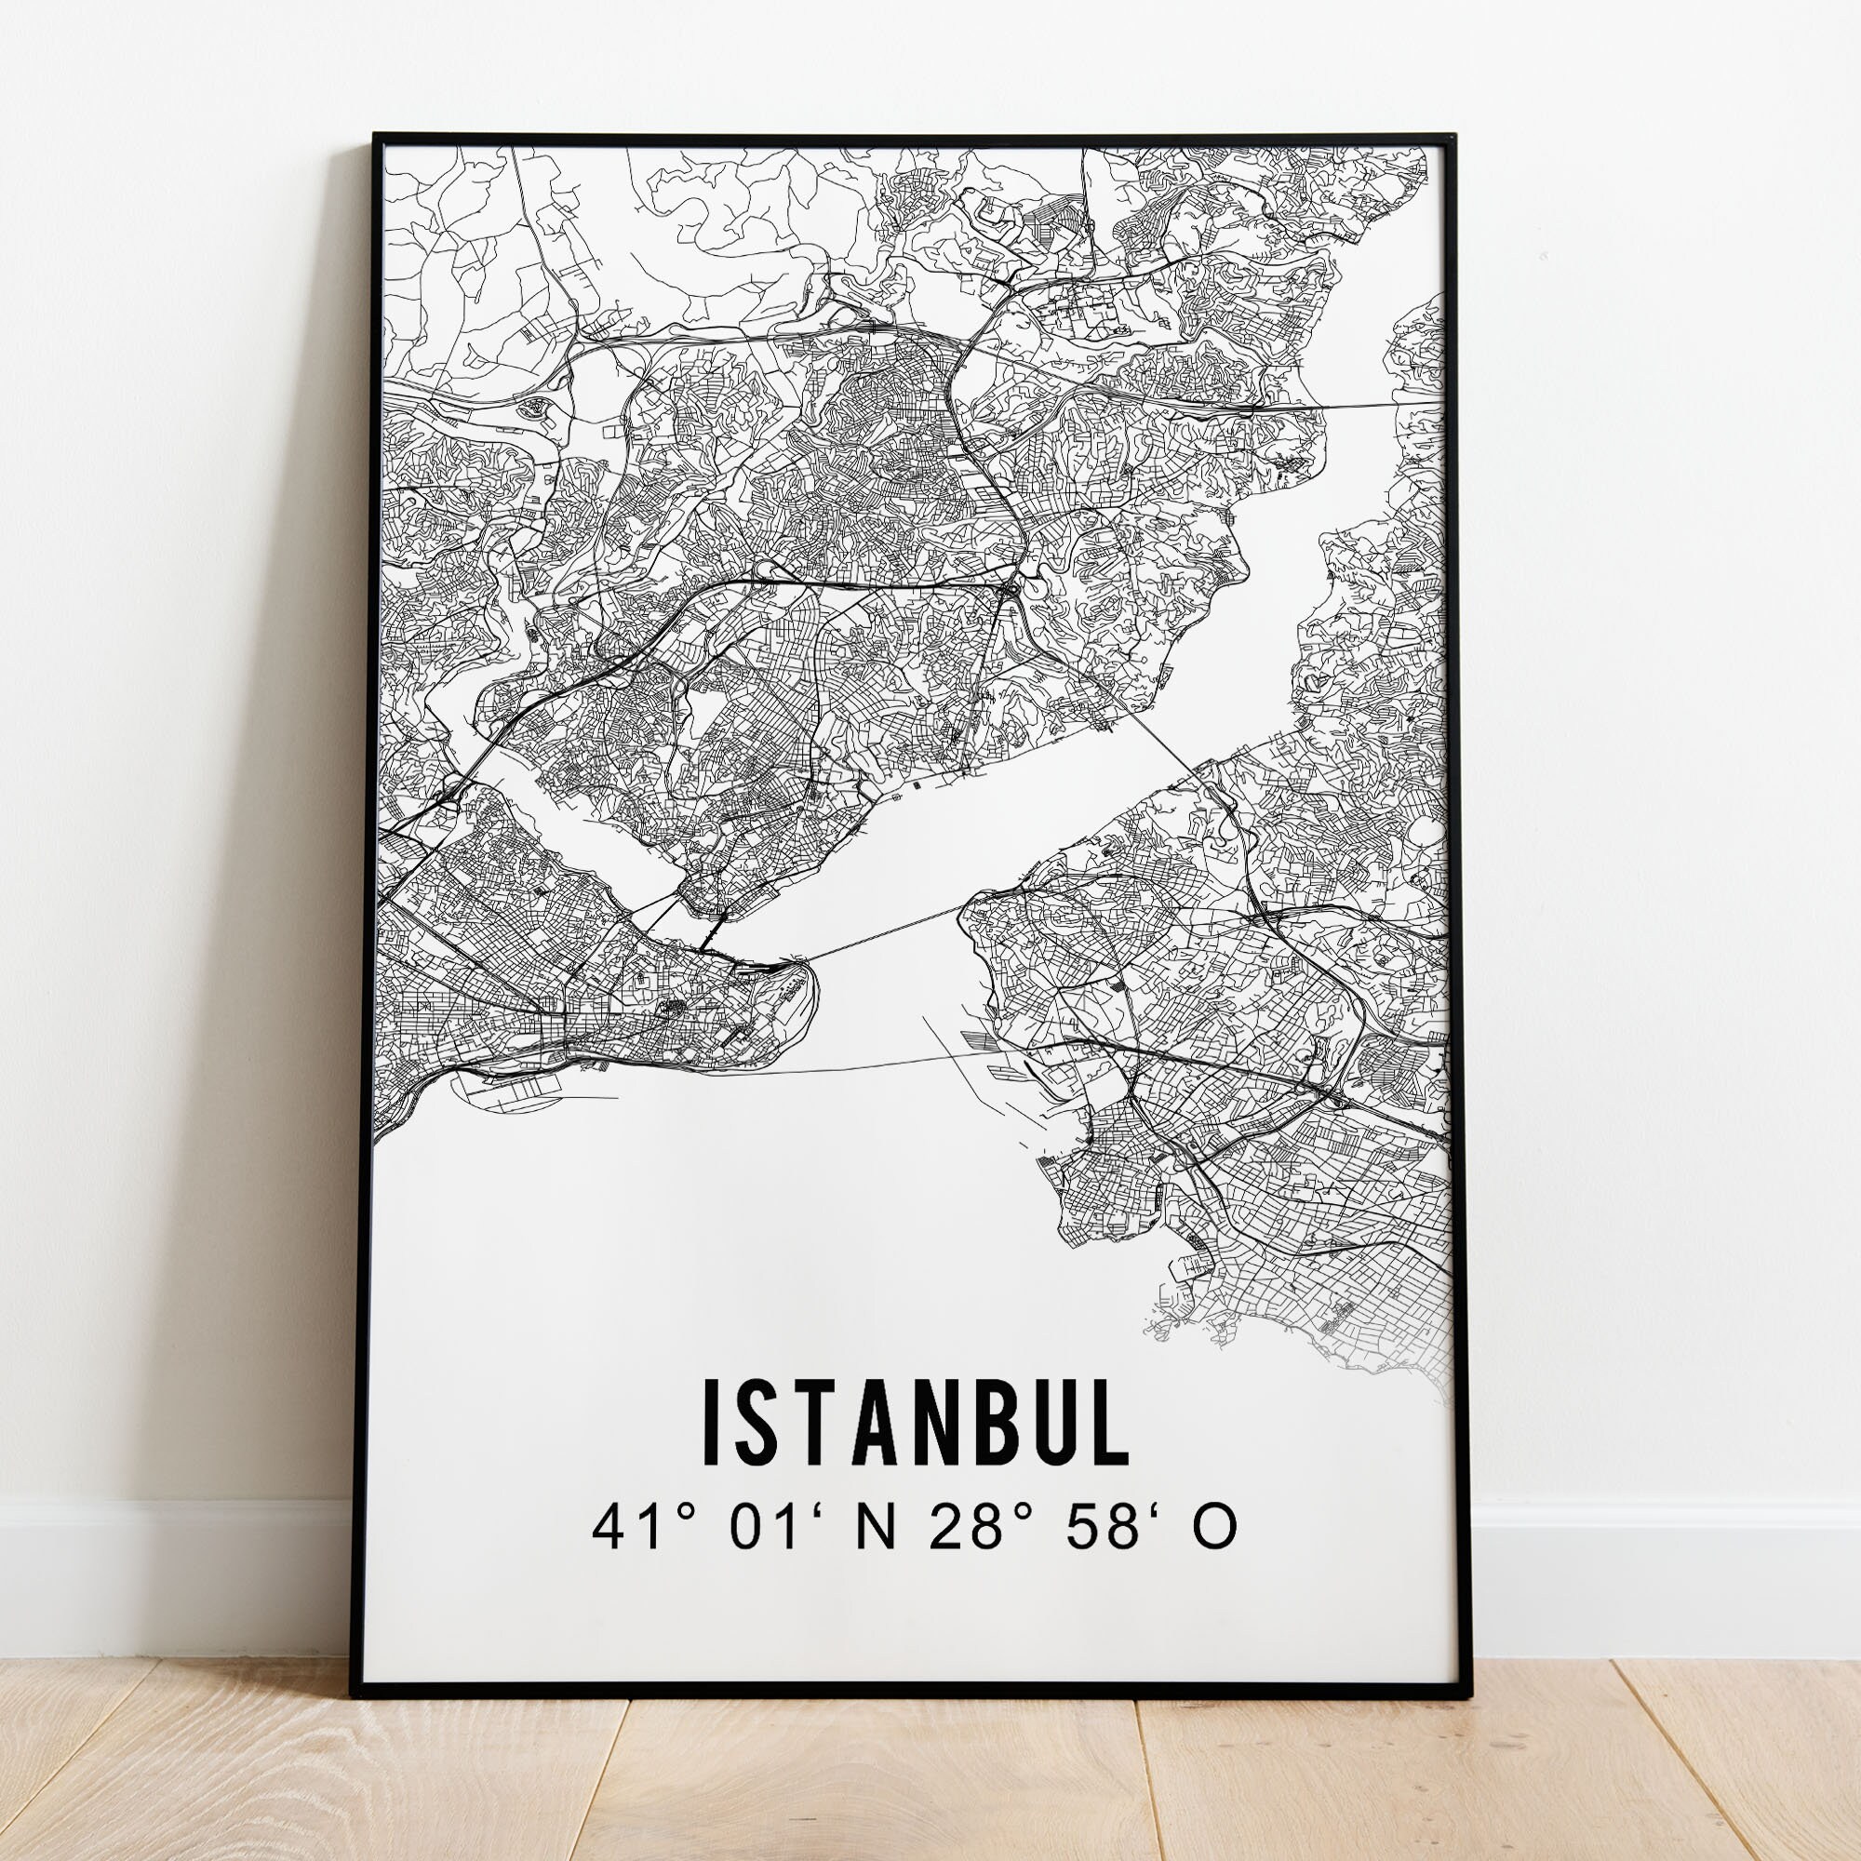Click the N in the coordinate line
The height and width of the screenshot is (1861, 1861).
click(875, 1528)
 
